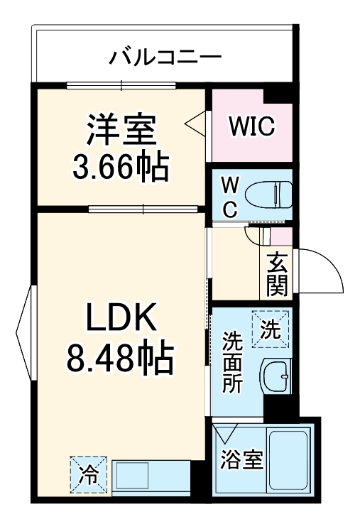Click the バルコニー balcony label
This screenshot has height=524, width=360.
pos(165,57)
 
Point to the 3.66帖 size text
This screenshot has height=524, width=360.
pos(121,168)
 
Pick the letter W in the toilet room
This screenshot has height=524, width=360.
pos(229,182)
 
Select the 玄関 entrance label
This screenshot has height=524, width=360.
pos(277,273)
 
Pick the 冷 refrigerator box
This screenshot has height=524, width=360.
pos(88,472)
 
